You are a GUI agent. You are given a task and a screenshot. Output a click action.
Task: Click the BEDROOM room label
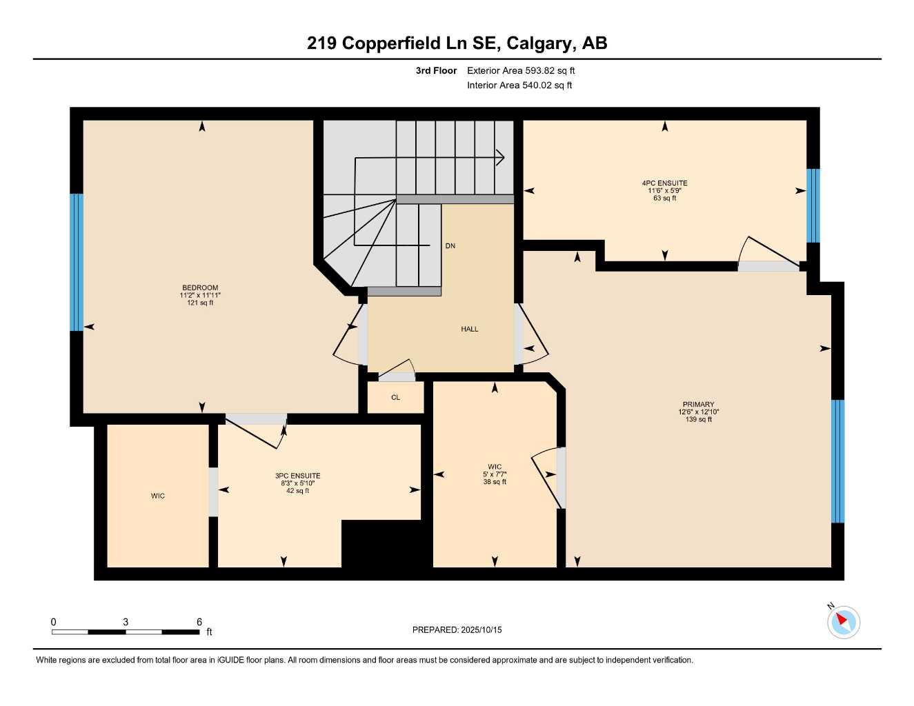(200, 288)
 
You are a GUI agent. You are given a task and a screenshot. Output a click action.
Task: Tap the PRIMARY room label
(698, 405)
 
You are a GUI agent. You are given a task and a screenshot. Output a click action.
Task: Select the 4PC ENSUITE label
(664, 183)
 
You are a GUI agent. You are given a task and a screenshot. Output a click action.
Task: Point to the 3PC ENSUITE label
(297, 476)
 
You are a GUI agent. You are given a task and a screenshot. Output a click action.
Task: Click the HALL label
(469, 329)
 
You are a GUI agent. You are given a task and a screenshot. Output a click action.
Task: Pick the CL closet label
(395, 397)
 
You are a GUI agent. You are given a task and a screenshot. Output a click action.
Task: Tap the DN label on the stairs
(450, 245)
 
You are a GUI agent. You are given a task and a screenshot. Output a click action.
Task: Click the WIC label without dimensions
(158, 496)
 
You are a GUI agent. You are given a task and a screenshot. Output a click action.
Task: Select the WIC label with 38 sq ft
(495, 467)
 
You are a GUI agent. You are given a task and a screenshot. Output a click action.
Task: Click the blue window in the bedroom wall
(77, 262)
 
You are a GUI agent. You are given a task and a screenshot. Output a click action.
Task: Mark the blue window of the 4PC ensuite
(813, 205)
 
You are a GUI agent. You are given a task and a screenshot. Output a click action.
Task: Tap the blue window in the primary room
(837, 461)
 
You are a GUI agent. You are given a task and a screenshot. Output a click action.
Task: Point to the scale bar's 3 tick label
(126, 622)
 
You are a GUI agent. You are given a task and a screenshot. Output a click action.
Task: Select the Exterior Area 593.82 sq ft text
(521, 70)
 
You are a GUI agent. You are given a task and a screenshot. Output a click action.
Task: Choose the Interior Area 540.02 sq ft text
(519, 85)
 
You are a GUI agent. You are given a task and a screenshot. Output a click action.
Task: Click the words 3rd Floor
(436, 70)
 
